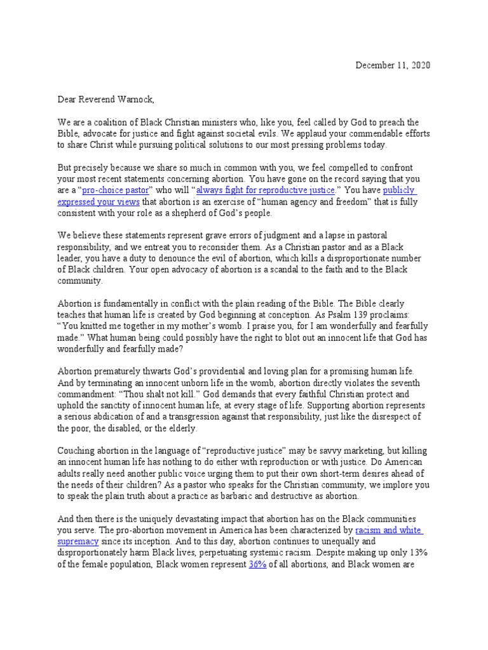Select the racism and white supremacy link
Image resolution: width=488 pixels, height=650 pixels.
388,529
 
